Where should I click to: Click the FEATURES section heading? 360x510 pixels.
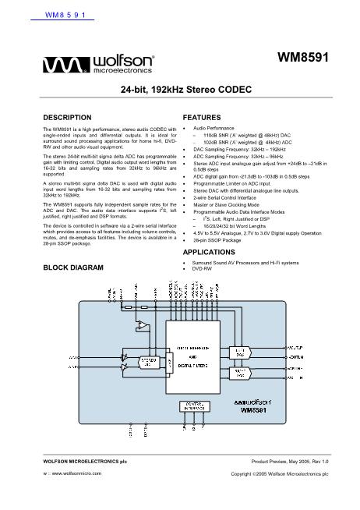coord(201,117)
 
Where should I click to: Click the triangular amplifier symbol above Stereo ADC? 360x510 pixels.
coord(143,323)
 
